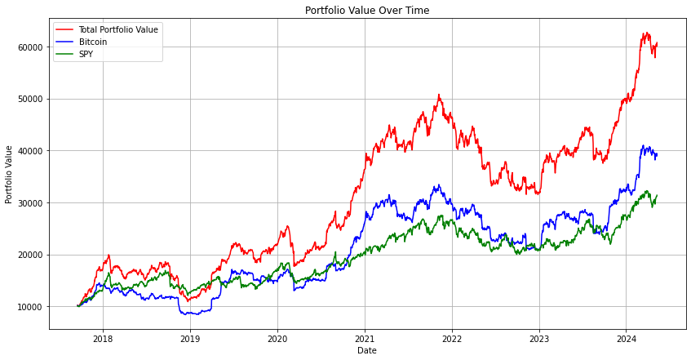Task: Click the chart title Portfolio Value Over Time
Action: point(366,11)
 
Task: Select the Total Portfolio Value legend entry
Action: point(117,30)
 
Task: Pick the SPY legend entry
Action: point(87,54)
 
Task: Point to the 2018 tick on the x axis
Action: point(102,338)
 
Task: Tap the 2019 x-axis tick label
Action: point(189,338)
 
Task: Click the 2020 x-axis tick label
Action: point(277,338)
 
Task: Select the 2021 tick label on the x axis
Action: point(365,338)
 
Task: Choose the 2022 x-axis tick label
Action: point(451,338)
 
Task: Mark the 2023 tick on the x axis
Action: point(538,338)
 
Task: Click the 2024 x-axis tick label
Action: point(626,338)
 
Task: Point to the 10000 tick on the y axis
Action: point(29,307)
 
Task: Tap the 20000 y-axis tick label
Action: point(29,255)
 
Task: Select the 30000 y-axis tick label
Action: point(29,202)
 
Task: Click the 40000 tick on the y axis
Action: point(29,151)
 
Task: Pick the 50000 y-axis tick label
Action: point(29,99)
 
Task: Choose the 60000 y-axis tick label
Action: point(29,47)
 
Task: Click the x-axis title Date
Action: point(366,350)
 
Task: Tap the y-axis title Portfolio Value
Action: point(9,174)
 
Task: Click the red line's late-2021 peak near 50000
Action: point(439,95)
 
